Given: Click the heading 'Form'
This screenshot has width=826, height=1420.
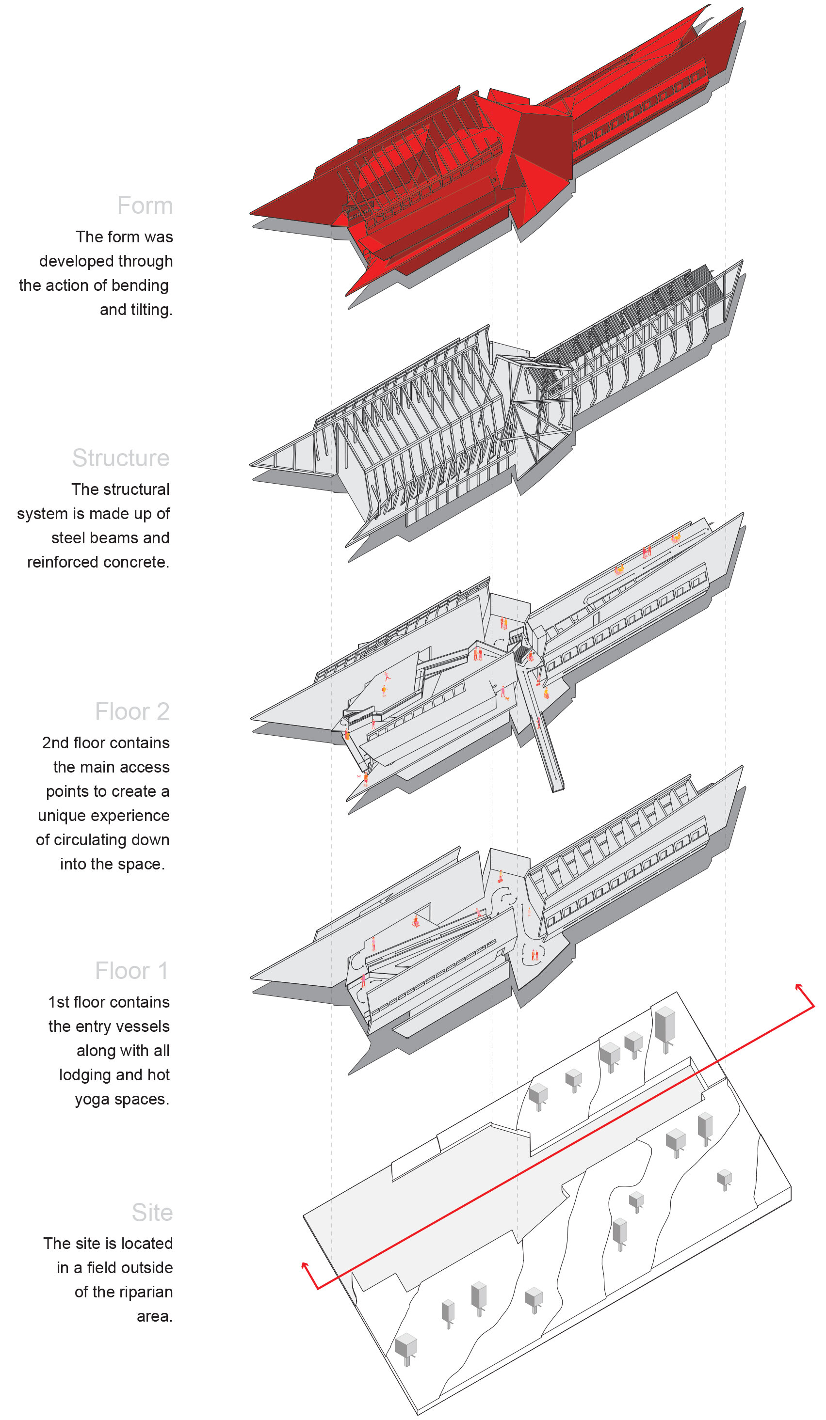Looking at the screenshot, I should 145,205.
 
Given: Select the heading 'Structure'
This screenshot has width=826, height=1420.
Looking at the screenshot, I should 121,458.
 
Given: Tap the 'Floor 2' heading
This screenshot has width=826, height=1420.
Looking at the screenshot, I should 132,711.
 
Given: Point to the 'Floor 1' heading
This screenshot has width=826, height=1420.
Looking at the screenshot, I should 132,971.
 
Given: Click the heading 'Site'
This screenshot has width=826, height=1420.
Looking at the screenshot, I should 152,1213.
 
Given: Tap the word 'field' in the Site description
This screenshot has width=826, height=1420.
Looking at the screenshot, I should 105,1268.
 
